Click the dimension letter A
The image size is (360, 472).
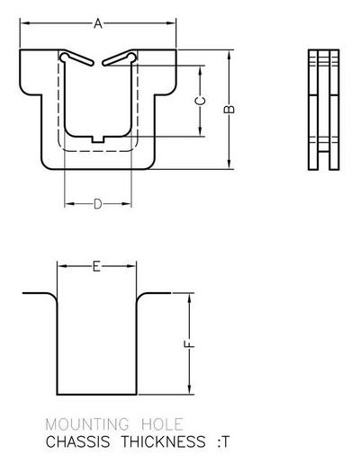98,23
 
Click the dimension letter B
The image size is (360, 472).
229,110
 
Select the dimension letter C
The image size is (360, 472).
201,101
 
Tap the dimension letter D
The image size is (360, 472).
98,204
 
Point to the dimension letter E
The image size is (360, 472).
96,266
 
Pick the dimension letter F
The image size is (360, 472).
190,343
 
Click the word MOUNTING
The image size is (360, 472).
87,424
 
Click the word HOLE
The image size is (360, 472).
162,424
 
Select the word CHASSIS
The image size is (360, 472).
77,441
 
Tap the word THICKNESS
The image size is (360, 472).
164,441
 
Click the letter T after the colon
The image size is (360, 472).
225,441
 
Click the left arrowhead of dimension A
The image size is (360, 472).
24,23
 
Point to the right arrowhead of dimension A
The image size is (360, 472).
171,23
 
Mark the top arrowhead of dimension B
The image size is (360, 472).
229,55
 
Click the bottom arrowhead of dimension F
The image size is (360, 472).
190,389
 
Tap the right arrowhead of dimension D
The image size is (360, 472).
127,204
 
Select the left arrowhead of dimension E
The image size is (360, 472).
62,266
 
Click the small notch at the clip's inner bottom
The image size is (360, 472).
98,139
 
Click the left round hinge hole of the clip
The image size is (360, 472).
65,58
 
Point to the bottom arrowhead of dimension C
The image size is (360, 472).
201,132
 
